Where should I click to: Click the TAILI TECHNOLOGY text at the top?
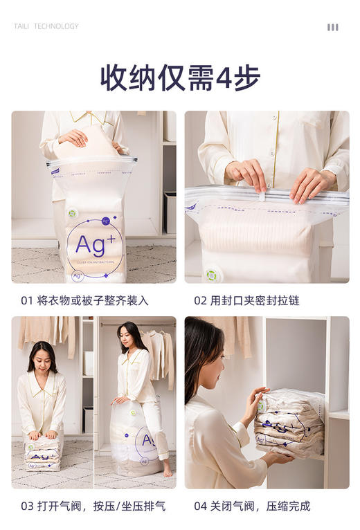[x=46, y=26]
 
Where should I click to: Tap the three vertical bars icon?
[x=333, y=27]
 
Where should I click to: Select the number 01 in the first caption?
[x=27, y=301]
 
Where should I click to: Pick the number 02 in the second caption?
[x=201, y=301]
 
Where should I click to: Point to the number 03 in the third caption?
[x=27, y=506]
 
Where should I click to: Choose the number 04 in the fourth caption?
[x=201, y=506]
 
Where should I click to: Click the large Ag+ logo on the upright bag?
[x=94, y=245]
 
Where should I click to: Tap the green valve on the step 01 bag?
[x=73, y=214]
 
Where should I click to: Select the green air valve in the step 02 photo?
[x=212, y=275]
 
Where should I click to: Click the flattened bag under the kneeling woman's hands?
[x=43, y=453]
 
